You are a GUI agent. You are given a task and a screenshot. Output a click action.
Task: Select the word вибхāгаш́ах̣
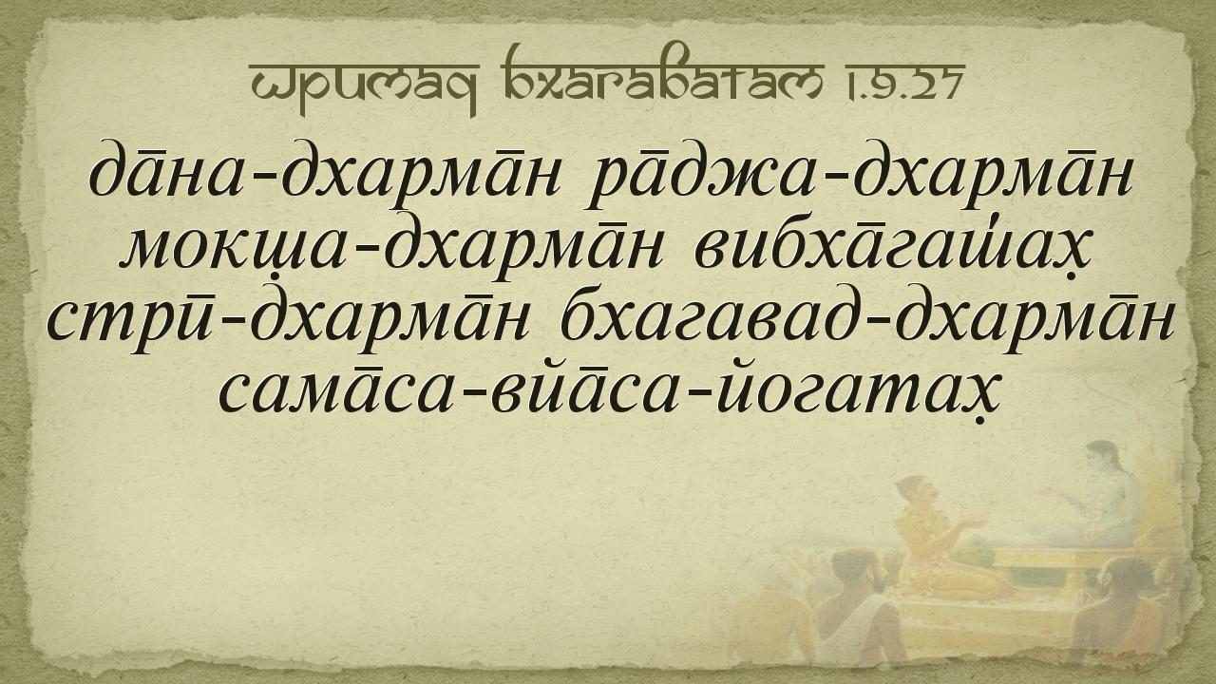tap(892, 249)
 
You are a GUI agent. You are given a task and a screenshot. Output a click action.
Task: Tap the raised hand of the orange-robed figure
tap(972, 524)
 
